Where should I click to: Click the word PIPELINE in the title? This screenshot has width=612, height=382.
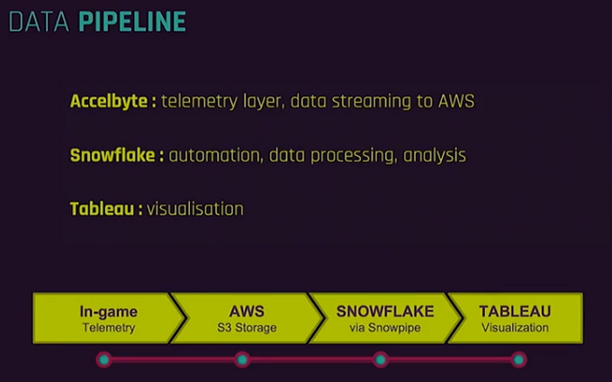point(132,22)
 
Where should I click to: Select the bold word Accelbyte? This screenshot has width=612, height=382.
point(109,101)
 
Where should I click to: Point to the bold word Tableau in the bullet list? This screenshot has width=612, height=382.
point(103,208)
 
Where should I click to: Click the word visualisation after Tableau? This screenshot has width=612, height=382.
point(195,208)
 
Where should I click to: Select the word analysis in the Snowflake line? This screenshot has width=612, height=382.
point(435,155)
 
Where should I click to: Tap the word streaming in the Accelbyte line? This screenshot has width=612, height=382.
point(363,101)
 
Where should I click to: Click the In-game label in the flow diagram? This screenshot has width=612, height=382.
point(108,312)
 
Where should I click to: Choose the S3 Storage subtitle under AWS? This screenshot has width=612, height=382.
point(246,328)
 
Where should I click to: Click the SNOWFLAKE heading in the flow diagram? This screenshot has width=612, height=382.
point(385,312)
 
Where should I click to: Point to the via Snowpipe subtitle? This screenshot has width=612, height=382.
point(385,328)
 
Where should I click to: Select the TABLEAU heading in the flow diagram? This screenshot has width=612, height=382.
point(515,312)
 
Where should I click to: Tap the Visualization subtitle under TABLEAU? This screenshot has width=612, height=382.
point(515,328)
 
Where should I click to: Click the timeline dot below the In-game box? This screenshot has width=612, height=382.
point(103,359)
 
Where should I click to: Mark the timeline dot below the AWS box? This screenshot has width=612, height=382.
point(242,359)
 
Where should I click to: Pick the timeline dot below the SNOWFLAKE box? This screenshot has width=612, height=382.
point(381,359)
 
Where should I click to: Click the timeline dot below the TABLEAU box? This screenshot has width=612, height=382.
point(518,359)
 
